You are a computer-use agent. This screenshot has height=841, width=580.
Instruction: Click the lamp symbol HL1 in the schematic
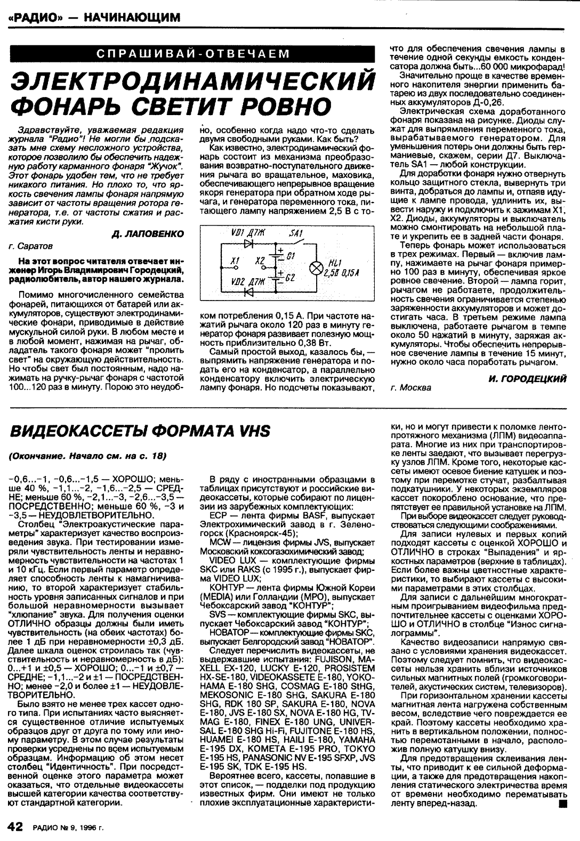(x=315, y=267)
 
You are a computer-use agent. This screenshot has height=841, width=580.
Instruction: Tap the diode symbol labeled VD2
(x=248, y=292)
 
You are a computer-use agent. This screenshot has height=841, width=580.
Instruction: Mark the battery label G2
(x=291, y=278)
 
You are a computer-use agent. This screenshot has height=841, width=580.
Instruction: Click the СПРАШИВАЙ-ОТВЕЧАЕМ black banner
(x=193, y=54)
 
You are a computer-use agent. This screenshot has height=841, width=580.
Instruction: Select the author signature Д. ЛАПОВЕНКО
(x=148, y=234)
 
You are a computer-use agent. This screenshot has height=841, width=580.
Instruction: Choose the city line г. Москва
(x=410, y=387)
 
